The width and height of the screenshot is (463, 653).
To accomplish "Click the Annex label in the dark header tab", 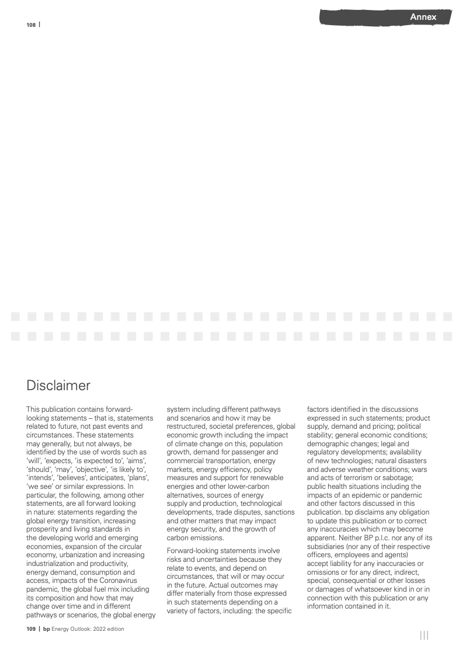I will (423, 17).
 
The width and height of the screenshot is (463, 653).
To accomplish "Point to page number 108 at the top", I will (31, 25).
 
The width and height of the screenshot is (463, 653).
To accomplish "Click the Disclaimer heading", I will (58, 385).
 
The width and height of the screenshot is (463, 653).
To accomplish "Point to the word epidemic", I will (358, 495).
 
